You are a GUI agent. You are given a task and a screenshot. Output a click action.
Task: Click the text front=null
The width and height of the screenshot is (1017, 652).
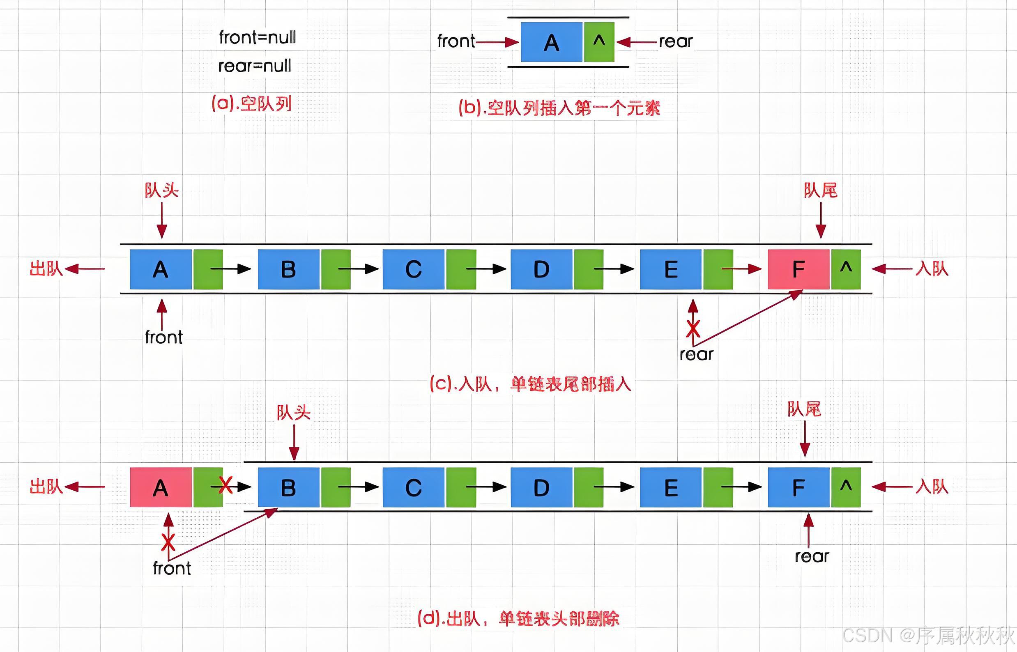click(x=257, y=38)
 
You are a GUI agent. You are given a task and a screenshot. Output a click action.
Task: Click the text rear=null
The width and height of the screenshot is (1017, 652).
click(x=255, y=66)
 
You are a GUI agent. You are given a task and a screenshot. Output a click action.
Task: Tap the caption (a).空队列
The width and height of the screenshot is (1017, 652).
click(x=252, y=103)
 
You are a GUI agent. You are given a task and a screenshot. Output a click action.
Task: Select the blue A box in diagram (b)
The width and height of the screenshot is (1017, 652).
click(x=551, y=42)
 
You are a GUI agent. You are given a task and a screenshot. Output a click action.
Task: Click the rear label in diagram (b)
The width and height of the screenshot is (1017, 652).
click(x=676, y=41)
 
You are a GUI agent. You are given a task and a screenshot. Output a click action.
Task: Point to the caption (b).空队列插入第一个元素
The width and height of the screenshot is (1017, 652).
click(x=559, y=108)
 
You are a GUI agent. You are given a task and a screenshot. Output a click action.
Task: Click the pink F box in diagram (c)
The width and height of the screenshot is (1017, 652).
click(x=798, y=269)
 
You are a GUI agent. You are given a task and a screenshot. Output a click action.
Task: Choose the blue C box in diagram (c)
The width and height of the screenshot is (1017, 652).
click(x=413, y=269)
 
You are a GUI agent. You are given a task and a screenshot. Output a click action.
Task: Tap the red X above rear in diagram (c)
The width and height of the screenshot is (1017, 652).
click(x=693, y=328)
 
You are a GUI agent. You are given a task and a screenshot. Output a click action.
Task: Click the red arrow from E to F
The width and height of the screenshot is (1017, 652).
click(x=741, y=269)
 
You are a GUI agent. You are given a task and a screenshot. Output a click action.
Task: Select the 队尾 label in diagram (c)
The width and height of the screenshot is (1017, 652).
click(x=821, y=191)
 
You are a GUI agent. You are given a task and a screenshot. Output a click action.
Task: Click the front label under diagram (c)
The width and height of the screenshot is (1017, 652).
click(x=163, y=337)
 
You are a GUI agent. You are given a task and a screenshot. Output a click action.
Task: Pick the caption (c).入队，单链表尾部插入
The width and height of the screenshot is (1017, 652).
click(x=530, y=384)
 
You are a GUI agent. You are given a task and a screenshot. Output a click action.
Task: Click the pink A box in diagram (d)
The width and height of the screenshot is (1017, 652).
click(x=161, y=487)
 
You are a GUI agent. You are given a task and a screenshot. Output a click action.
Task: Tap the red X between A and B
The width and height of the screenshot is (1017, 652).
click(x=226, y=485)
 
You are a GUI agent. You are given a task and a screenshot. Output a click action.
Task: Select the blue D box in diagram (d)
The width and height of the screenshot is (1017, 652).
click(x=541, y=487)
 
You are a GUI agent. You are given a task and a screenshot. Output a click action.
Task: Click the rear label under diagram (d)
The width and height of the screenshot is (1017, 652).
click(x=812, y=557)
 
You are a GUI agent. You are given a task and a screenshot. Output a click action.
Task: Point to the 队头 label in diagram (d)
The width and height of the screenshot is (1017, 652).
click(x=294, y=412)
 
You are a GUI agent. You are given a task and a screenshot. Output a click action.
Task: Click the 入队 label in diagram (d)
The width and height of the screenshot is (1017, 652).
click(x=932, y=487)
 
